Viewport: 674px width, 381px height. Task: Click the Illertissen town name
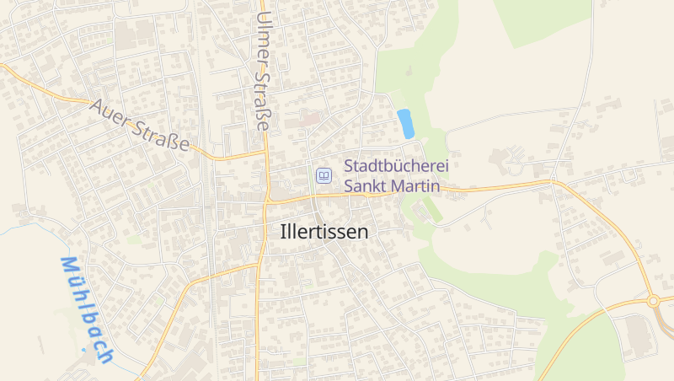click(324, 232)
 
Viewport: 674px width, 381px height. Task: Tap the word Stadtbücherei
click(396, 167)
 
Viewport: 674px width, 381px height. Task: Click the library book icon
click(324, 176)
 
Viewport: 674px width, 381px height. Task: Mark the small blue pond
click(405, 124)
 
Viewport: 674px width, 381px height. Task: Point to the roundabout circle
click(652, 300)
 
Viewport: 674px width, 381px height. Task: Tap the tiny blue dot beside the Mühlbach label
click(83, 348)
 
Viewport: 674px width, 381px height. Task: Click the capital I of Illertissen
click(283, 232)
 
